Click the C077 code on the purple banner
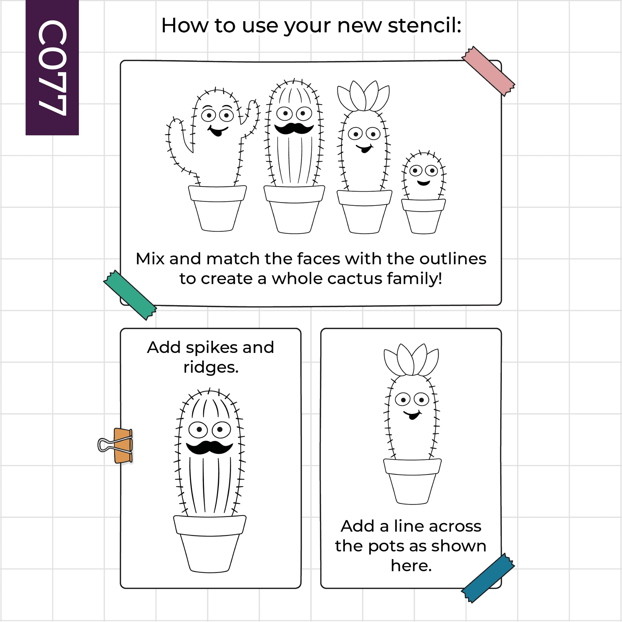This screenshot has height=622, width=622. [52, 67]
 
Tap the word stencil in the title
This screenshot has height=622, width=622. [425, 26]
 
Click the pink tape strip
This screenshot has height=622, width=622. [488, 71]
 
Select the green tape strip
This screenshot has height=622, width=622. [130, 295]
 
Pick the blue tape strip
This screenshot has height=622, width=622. [488, 578]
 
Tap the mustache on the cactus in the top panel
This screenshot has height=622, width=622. [294, 128]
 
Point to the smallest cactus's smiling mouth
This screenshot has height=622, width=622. [423, 183]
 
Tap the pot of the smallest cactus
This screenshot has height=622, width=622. [423, 216]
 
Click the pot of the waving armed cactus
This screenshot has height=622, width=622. [217, 208]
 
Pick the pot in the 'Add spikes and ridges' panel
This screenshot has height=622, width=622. [210, 544]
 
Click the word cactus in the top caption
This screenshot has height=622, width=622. [355, 278]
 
